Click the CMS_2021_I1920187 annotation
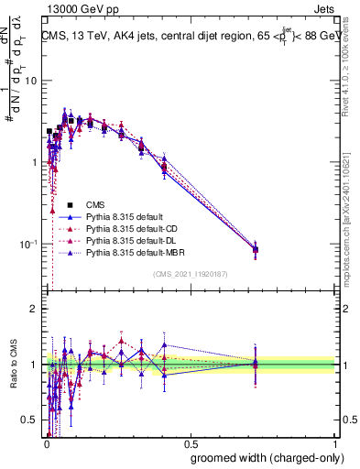[190, 275]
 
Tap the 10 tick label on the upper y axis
[29, 81]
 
